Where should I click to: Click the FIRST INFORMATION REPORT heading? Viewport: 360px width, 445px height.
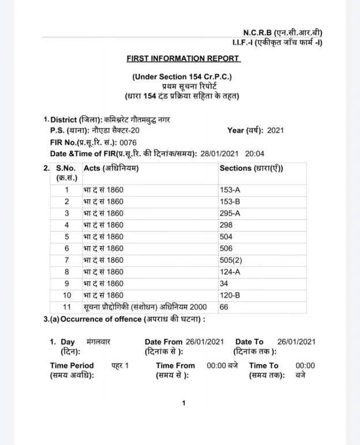(x=183, y=58)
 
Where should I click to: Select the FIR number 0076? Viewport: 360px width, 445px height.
(x=128, y=142)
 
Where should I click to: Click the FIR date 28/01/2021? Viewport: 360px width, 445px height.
(x=219, y=154)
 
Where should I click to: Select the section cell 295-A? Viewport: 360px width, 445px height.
(x=230, y=213)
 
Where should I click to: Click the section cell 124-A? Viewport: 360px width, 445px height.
(x=230, y=271)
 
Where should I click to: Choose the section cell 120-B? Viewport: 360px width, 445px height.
(x=230, y=295)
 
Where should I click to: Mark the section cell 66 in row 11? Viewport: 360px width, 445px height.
(x=224, y=307)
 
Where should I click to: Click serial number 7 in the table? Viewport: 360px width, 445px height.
(x=67, y=260)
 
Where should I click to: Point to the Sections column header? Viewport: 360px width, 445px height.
(x=252, y=168)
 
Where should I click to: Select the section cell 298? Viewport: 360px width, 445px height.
(x=226, y=225)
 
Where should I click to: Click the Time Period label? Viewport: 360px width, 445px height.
(x=72, y=365)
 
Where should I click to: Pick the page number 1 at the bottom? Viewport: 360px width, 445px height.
(x=183, y=403)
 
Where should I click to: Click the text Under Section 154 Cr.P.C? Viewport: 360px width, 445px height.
(x=182, y=77)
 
